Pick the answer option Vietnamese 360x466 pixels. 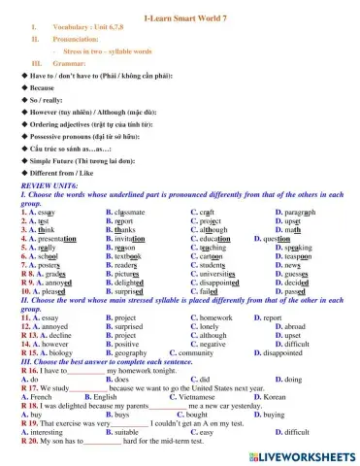(218, 396)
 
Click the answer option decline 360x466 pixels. (54, 335)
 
